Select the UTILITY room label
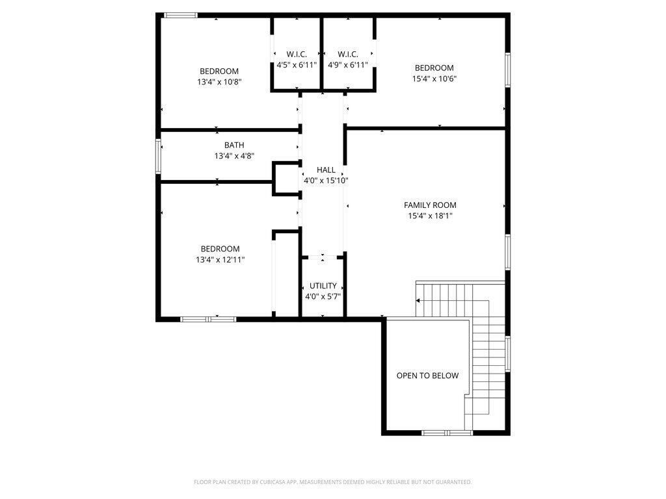pos(323,286)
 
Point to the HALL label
pos(326,170)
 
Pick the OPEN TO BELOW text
pos(427,376)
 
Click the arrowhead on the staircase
pos(419,301)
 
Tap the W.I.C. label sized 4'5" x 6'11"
pos(297,54)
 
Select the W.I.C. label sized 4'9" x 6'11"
pos(348,54)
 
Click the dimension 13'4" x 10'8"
pos(219,82)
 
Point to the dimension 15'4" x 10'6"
pos(434,79)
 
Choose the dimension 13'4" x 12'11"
pos(220,259)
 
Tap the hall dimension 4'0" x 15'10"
pos(326,181)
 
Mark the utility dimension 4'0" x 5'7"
pos(323,296)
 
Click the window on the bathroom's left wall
pos(158,156)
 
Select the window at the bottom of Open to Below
pos(447,432)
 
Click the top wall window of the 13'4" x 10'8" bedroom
pos(180,15)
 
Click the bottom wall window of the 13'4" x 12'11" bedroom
pos(208,319)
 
